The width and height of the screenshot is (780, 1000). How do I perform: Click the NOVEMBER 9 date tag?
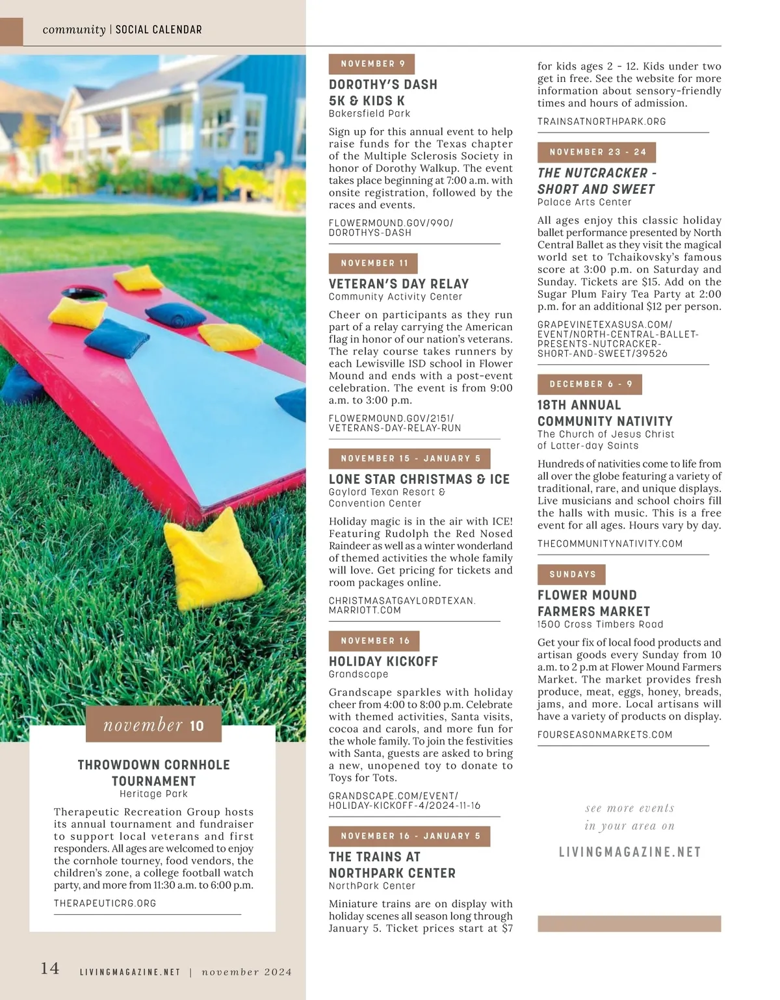[x=372, y=64]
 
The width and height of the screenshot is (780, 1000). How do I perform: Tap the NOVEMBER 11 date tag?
[x=374, y=263]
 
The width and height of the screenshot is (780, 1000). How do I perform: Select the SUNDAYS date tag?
[x=572, y=575]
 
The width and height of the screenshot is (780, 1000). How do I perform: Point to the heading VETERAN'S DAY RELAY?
[x=398, y=284]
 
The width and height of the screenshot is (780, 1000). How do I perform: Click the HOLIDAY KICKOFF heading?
[x=383, y=661]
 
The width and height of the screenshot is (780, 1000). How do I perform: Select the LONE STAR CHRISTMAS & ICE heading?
[x=419, y=479]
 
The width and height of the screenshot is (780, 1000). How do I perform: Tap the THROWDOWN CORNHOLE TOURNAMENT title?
[x=153, y=772]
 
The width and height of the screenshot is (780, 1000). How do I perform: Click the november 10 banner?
[x=153, y=725]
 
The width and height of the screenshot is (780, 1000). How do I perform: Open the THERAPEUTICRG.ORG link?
[x=105, y=903]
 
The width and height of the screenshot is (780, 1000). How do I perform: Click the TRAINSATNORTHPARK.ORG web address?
[x=602, y=122]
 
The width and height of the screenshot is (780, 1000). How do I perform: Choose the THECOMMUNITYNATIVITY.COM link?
[x=610, y=544]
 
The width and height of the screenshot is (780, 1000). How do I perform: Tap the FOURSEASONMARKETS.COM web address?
[x=604, y=735]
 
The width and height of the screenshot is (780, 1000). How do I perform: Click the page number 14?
[x=50, y=968]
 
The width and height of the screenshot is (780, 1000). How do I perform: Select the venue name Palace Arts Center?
[x=584, y=202]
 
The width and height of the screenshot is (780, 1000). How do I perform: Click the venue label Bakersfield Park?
[x=369, y=114]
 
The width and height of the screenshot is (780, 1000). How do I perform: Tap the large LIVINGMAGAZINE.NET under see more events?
[x=630, y=852]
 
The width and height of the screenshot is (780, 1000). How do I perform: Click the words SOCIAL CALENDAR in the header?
[x=159, y=30]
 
